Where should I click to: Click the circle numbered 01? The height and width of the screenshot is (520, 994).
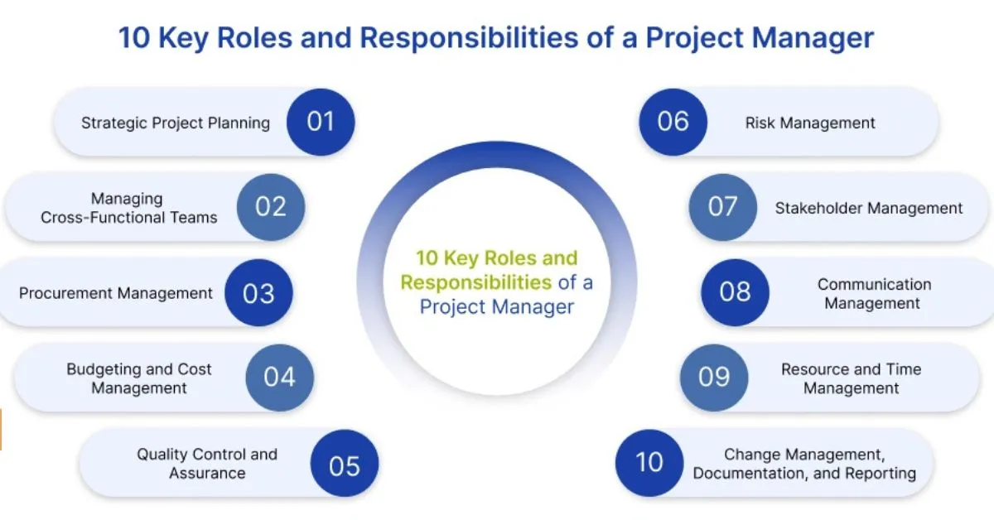[x=321, y=123]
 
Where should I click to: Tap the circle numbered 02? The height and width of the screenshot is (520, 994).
[x=271, y=207]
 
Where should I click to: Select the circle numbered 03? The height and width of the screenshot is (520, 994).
[x=258, y=293]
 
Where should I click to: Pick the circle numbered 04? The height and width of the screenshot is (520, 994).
[x=280, y=378]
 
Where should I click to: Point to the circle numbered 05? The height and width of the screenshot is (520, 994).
[x=345, y=465]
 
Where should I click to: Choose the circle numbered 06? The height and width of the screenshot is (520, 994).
[x=673, y=122]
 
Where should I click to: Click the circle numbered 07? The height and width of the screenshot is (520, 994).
[x=722, y=207]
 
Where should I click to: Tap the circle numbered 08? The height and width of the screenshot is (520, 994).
[x=735, y=292]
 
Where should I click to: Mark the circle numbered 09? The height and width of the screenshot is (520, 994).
[x=714, y=378]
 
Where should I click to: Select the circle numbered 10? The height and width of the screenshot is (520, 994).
[x=649, y=462]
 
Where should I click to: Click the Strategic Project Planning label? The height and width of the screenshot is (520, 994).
[x=176, y=123]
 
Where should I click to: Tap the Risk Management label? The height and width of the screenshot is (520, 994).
[x=810, y=123]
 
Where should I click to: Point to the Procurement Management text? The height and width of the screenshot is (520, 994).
[x=116, y=293]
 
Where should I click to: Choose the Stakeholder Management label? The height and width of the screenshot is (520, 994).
[x=869, y=209]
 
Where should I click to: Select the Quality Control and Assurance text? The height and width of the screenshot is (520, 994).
[x=207, y=464]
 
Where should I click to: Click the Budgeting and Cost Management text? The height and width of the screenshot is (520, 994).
[x=139, y=378]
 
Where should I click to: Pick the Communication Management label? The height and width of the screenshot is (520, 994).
[x=873, y=294]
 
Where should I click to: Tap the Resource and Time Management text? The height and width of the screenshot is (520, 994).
[x=851, y=378]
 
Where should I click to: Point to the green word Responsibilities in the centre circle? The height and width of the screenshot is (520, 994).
[x=475, y=282]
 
